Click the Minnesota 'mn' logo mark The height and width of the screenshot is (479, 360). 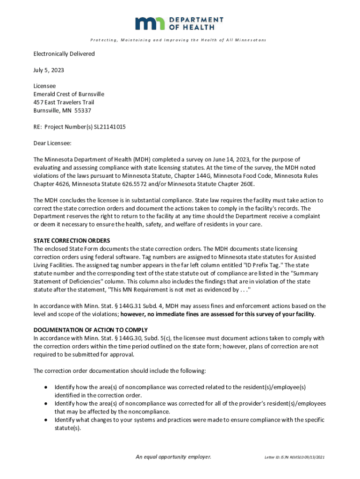[x=150, y=23]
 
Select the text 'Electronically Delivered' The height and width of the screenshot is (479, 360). [x=64, y=54]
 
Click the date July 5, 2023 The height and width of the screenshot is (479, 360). [x=49, y=70]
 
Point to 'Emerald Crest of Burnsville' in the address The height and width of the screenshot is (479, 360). [x=69, y=94]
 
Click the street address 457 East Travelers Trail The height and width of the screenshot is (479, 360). [x=64, y=102]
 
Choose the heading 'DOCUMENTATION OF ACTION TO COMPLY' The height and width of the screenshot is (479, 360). [x=91, y=330]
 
